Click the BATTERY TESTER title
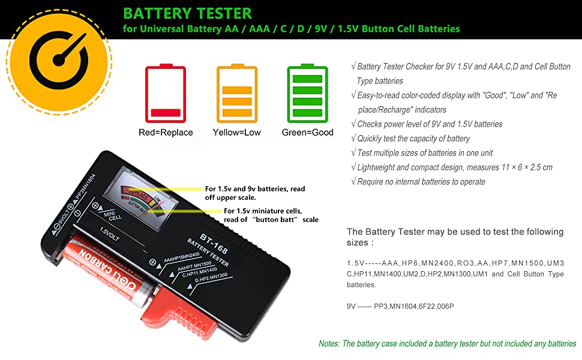[188, 13]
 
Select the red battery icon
[166, 93]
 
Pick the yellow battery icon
[236, 93]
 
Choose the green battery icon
[307, 93]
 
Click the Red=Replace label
[166, 132]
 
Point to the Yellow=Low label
[236, 132]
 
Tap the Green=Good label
[307, 132]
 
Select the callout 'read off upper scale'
[254, 193]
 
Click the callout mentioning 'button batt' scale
[271, 215]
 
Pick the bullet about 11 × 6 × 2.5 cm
[454, 167]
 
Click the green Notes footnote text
[447, 344]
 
